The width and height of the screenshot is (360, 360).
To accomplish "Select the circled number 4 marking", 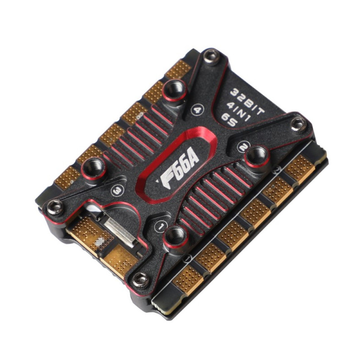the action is click(x=197, y=111).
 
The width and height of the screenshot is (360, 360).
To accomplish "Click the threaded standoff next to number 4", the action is click(x=175, y=90).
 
